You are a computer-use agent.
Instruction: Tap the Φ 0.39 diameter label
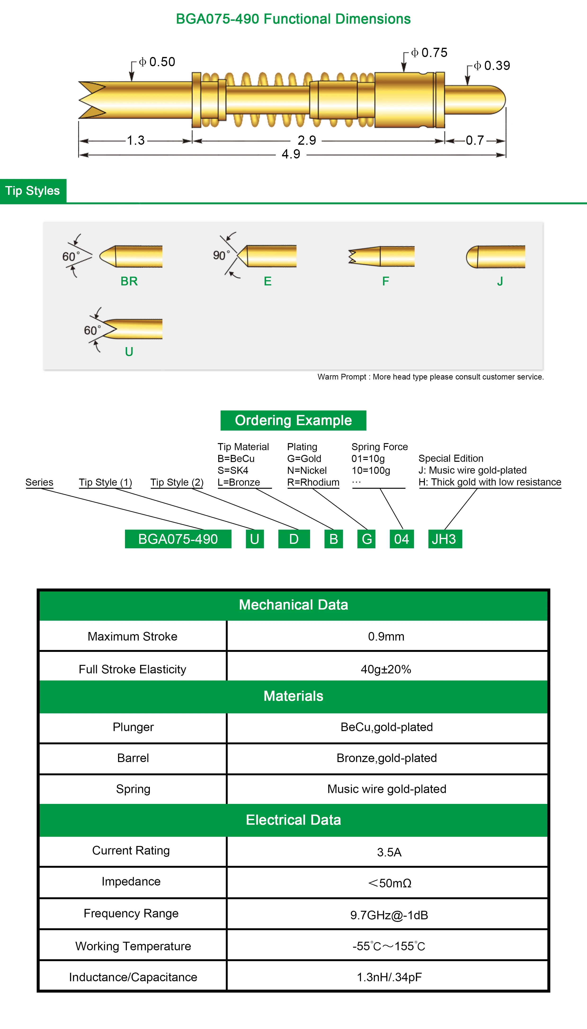click(492, 66)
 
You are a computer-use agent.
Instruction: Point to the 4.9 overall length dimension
click(291, 154)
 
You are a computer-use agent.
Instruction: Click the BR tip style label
click(129, 281)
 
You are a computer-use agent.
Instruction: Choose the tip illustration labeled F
click(381, 256)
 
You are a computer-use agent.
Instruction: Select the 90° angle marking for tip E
click(221, 255)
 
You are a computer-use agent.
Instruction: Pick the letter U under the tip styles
click(129, 352)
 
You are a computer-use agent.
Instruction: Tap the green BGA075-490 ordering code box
click(178, 539)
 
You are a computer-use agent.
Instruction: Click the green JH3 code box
click(445, 539)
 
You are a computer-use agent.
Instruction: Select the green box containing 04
click(401, 539)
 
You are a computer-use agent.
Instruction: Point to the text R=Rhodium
click(313, 482)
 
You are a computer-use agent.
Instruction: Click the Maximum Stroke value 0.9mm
click(386, 636)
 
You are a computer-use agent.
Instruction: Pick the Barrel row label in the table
click(133, 758)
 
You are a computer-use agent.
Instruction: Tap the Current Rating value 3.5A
click(389, 852)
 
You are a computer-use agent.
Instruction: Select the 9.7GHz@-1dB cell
click(389, 915)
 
